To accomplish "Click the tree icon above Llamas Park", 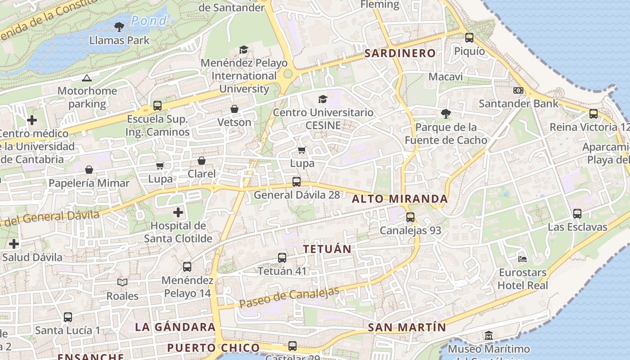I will click(x=119, y=27).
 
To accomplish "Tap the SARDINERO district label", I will click(x=400, y=53).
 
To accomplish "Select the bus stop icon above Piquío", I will click(x=469, y=38).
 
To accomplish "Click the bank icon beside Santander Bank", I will click(x=518, y=90).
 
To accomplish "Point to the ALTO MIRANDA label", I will click(x=400, y=199).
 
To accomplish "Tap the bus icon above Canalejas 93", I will click(x=410, y=217).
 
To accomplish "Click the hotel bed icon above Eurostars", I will click(x=522, y=259).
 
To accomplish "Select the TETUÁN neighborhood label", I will click(x=327, y=249).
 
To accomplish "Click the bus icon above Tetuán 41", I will click(x=282, y=258).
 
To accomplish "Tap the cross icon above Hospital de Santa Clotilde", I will click(x=178, y=212).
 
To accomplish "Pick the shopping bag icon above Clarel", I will click(x=202, y=161).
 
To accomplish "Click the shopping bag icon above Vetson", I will click(x=234, y=109).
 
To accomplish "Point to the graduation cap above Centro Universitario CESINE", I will click(x=323, y=99).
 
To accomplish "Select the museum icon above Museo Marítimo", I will click(x=489, y=336).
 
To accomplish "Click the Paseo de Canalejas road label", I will click(x=289, y=298).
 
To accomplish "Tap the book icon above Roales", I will click(x=122, y=283).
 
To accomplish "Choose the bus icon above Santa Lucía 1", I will click(x=68, y=317).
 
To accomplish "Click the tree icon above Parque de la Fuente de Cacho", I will click(x=445, y=114).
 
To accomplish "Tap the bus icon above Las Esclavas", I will click(x=577, y=214).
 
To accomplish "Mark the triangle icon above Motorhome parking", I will click(x=87, y=78).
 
